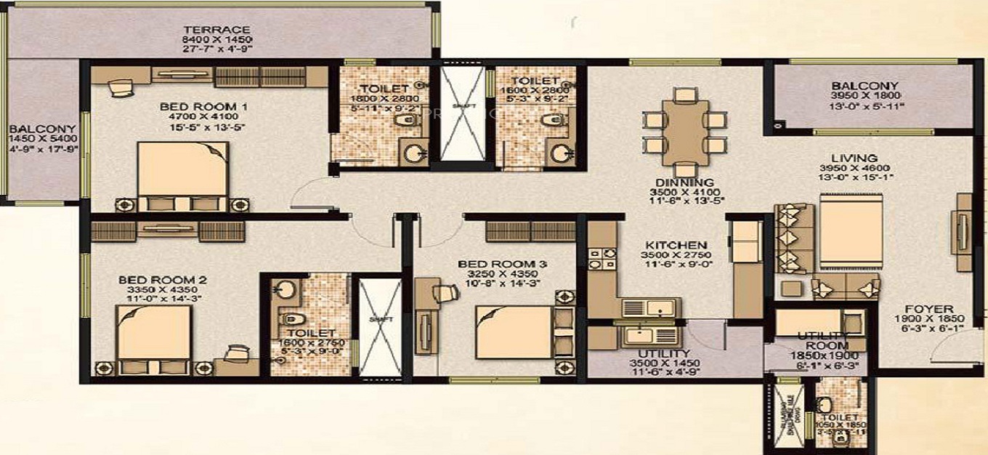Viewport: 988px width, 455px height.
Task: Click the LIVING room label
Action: click(855, 158)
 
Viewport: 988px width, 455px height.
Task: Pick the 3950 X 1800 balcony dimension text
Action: click(865, 95)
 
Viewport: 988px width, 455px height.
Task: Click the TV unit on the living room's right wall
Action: click(964, 233)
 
